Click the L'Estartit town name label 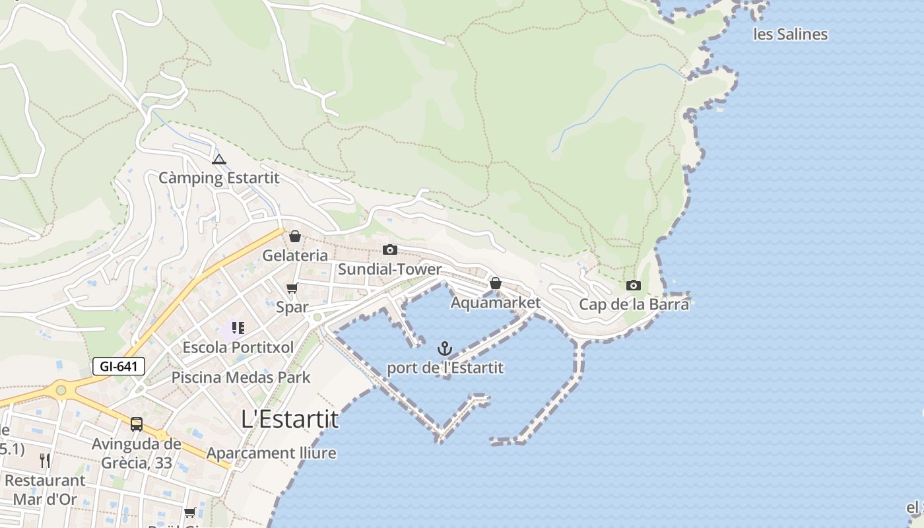point(290,419)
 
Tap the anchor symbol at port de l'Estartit point(445,348)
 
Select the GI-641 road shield point(119,366)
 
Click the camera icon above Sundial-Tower point(390,249)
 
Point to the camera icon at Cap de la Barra point(634,285)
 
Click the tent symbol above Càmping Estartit point(219,159)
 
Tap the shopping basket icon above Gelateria point(295,236)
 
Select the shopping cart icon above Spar point(292,288)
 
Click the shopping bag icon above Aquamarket point(495,283)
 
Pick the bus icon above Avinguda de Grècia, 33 point(137,424)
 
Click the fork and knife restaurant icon point(45,460)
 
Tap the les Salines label point(790,34)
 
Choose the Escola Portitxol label point(238,347)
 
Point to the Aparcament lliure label point(271,453)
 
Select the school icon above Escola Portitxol point(238,328)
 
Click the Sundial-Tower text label point(389,269)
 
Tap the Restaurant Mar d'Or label point(45,489)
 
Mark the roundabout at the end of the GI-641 point(61,390)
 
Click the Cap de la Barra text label point(634,304)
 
